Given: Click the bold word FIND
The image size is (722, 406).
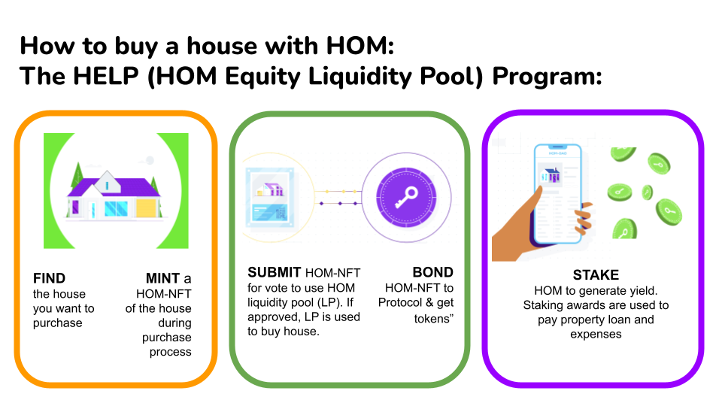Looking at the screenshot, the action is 50,278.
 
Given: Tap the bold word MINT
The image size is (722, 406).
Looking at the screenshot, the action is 162,278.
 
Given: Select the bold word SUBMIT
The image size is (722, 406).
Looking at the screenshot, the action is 275,272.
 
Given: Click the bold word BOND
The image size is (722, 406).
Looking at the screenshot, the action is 433,272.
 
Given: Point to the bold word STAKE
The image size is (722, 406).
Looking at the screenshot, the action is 596,275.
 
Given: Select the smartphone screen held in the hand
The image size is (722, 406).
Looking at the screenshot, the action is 557,194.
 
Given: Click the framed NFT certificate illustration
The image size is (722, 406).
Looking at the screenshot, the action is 270,198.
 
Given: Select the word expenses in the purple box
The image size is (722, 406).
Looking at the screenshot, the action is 596,335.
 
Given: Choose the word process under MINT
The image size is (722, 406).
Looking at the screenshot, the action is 171,353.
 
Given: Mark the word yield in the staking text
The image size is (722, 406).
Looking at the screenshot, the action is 645,291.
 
